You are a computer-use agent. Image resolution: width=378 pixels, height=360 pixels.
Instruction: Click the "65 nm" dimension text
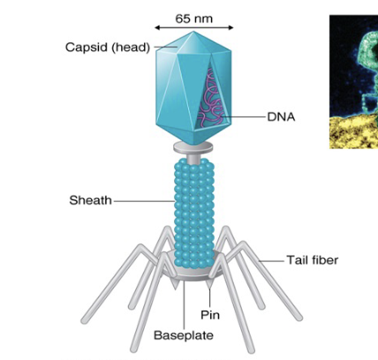pos(193,18)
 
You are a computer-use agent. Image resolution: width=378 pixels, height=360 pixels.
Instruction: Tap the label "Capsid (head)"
pos(108,47)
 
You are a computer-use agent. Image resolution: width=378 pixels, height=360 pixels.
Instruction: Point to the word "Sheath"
pos(90,200)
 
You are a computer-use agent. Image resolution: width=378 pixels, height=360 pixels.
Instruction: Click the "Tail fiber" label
pos(312,260)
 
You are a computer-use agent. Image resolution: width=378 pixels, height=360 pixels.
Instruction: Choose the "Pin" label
pos(209,314)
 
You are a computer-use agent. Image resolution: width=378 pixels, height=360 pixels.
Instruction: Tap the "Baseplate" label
pos(183,335)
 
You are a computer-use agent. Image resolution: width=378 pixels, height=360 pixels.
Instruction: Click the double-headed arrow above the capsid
pos(193,28)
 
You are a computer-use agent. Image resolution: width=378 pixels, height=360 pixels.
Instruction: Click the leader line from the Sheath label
pos(141,201)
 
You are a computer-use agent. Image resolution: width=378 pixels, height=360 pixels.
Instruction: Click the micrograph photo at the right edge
pos(354,79)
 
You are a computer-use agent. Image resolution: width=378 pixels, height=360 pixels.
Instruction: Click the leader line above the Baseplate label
pos(184,304)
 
